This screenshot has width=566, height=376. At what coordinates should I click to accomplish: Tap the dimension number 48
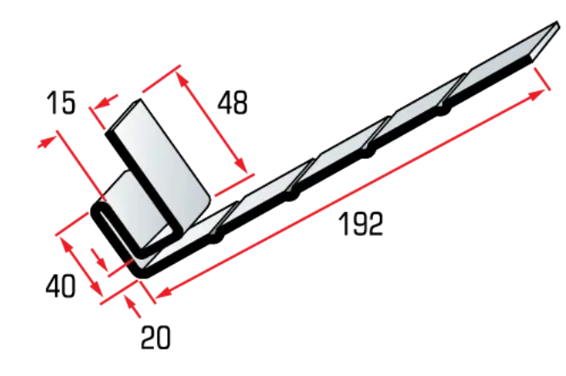point(233,103)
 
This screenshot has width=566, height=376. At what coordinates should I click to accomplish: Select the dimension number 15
point(61,103)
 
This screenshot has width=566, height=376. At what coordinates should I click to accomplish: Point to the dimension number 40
point(61,285)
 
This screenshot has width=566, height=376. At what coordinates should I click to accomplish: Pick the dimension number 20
point(156,338)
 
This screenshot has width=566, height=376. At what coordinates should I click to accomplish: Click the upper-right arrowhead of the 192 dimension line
point(538,94)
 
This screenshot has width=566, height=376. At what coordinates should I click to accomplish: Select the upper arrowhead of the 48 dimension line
point(182,79)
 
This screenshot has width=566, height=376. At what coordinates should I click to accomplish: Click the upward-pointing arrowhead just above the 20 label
point(131,302)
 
